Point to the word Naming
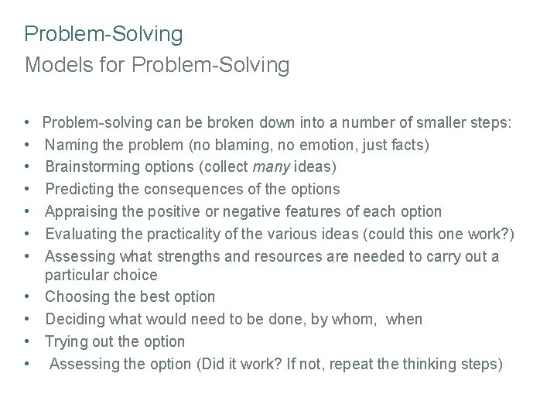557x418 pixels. pyautogui.click(x=72, y=145)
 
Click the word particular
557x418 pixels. pyautogui.click(x=74, y=275)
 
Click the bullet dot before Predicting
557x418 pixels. pyautogui.click(x=28, y=190)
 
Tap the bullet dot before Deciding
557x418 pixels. pyautogui.click(x=28, y=320)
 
